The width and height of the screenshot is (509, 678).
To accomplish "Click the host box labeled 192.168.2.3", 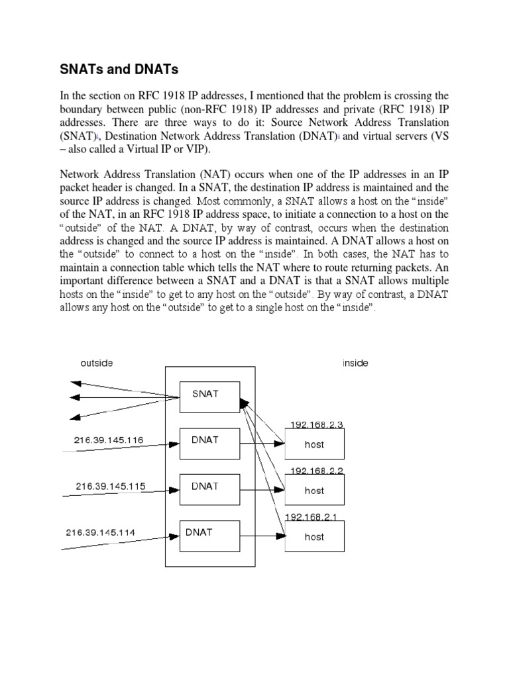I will point(314,444).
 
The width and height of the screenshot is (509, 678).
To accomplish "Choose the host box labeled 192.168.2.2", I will point(314,491).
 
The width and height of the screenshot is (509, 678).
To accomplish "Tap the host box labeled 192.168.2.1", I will point(314,537).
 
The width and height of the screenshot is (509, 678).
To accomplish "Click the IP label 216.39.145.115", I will point(109,485).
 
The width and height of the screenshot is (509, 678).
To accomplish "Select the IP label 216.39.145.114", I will point(99,532).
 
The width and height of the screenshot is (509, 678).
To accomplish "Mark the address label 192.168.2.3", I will point(317,424).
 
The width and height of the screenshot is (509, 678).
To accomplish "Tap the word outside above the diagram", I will point(97,363).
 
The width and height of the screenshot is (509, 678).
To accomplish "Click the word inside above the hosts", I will point(355,363).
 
